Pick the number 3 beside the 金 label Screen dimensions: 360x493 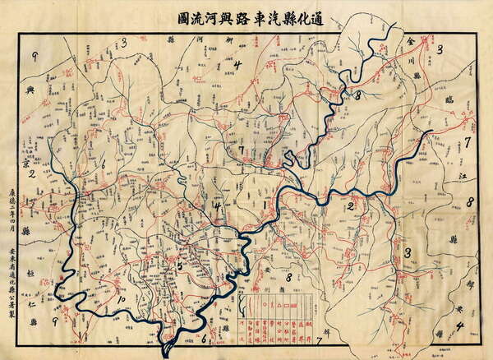tap(440, 50)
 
